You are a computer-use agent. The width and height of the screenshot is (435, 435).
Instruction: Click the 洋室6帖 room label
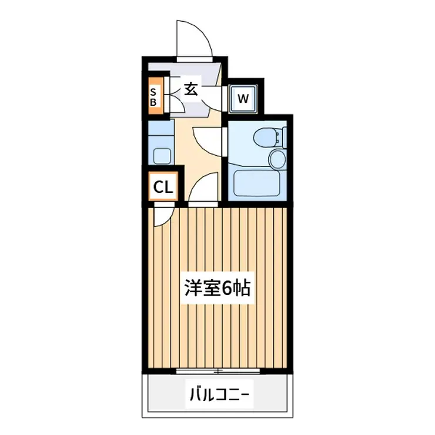pos(217,288)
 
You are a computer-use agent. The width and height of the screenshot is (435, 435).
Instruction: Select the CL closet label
pos(163,188)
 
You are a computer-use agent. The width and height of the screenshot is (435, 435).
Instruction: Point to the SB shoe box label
pos(153,96)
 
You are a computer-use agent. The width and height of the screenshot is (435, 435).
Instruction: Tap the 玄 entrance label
pos(192,89)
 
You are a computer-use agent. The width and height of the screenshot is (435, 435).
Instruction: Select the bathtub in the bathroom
pos(255,184)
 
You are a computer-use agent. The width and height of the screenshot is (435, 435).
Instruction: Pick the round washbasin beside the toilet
pos(276,158)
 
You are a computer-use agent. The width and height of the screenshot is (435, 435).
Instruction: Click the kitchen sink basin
pos(160,156)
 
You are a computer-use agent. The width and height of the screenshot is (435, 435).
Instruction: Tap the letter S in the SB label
pos(153,92)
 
